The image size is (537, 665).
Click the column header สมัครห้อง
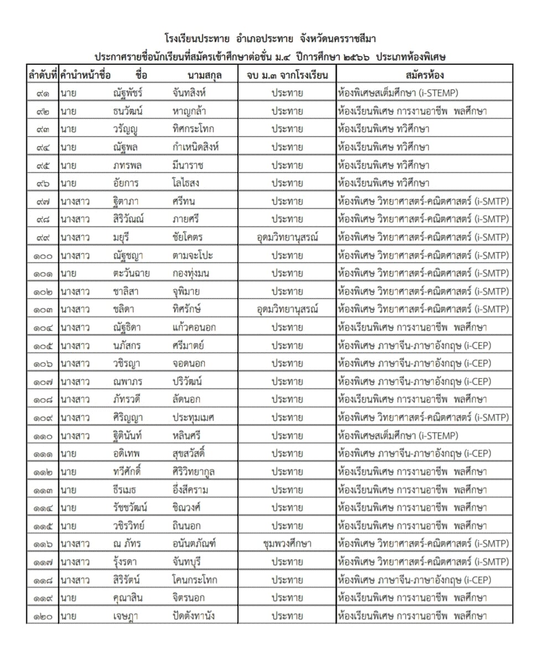coord(424,75)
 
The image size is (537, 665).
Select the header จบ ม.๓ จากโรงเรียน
coord(287,75)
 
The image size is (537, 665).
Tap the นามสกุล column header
coord(205,75)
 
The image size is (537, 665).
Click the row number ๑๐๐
coord(42,255)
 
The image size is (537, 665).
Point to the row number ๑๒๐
coord(42,616)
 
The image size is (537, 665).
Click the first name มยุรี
coord(122,238)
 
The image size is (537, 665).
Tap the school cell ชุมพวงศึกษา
coord(287,544)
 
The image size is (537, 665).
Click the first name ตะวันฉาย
coord(131,274)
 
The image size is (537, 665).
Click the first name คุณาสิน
coord(126,598)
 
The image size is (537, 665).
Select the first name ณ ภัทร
coord(126,544)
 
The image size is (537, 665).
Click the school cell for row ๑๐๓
coord(287,310)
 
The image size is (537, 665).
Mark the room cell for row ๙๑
coord(398,93)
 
